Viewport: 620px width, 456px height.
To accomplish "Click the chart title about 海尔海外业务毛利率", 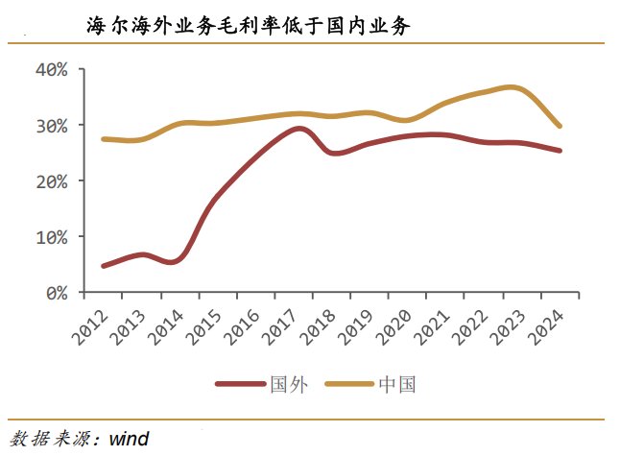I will [249, 27].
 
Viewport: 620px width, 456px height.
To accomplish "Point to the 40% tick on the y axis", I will [52, 70].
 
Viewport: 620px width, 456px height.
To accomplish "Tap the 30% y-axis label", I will [52, 126].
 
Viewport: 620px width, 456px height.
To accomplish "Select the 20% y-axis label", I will [52, 181].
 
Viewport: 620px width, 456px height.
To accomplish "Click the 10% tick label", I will [52, 237].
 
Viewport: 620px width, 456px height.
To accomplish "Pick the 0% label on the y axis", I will [57, 292].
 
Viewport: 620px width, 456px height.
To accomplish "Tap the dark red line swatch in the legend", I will [240, 385].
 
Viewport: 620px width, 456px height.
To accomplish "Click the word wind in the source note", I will [128, 439].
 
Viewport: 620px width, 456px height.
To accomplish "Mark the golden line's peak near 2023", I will [513, 87].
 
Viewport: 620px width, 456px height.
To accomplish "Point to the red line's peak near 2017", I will [298, 129].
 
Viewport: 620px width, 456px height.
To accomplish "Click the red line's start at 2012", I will [103, 266].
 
